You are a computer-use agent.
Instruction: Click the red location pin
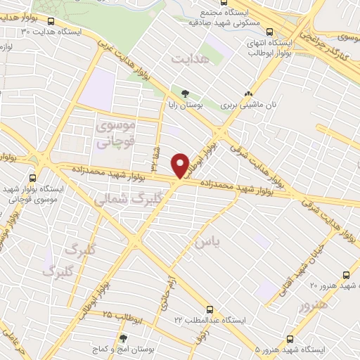(x=181, y=165)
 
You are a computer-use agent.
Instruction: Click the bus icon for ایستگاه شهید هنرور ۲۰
(x=345, y=274)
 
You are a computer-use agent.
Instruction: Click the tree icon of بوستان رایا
(x=185, y=93)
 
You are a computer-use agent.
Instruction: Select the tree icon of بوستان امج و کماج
(x=123, y=337)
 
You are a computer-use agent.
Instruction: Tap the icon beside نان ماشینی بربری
(x=247, y=93)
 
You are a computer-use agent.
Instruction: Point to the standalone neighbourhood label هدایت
(x=191, y=61)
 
